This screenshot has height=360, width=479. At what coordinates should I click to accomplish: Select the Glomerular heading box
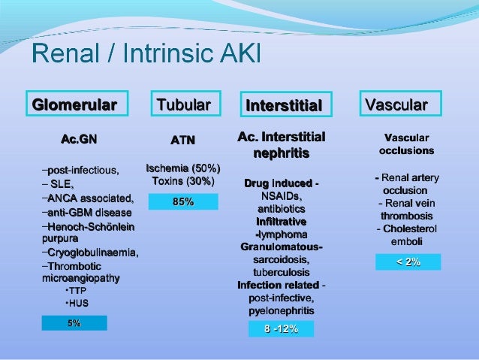(74, 104)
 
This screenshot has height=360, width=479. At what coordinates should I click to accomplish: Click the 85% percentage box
(183, 201)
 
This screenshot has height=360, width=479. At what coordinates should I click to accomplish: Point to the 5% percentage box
(74, 323)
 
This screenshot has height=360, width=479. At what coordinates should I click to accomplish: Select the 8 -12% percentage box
(281, 329)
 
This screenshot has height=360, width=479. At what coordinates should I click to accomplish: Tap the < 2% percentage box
(408, 262)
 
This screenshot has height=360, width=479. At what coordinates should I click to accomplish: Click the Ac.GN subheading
(79, 140)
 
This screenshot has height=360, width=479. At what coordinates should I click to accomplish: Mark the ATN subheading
(183, 140)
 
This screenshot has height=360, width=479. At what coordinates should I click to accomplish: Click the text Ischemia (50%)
(182, 168)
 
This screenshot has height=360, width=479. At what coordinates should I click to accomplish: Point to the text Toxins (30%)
(182, 181)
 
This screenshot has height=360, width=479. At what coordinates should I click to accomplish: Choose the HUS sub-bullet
(77, 304)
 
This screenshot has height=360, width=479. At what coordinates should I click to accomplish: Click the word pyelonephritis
(281, 310)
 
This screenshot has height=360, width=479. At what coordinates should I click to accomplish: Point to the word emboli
(407, 241)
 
